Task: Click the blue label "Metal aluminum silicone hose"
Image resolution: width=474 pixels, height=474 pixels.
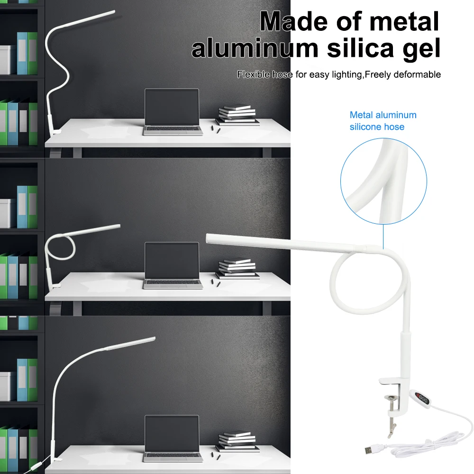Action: (x=383, y=120)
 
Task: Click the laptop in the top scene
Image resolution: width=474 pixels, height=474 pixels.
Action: (x=172, y=112)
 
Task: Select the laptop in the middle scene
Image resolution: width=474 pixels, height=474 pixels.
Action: (x=172, y=265)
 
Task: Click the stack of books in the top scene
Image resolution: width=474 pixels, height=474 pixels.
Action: (x=239, y=115)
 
